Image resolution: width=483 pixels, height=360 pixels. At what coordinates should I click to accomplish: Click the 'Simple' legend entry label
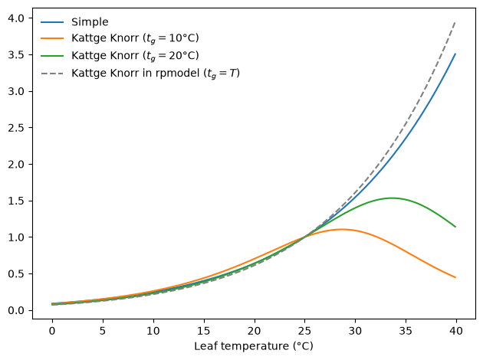[90, 22]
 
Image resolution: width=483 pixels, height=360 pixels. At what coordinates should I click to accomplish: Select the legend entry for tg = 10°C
[135, 38]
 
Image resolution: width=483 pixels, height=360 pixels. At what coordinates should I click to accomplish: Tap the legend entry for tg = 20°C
[135, 56]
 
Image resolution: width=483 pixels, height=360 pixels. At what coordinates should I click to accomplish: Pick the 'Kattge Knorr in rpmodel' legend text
[156, 74]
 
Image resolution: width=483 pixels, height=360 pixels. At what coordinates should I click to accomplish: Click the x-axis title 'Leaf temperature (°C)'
[254, 346]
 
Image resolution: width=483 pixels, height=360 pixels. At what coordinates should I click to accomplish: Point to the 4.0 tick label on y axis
[16, 18]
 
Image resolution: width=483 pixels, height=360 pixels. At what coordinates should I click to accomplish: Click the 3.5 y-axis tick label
[16, 55]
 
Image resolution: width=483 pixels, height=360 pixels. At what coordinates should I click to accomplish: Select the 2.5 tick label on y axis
[16, 128]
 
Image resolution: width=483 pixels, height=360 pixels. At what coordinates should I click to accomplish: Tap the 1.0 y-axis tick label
[16, 237]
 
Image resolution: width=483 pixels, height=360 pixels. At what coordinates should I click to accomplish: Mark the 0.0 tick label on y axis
[16, 310]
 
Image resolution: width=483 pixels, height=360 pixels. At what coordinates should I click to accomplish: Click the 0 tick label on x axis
[52, 331]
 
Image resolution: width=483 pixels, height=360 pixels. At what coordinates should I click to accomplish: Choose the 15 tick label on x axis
[204, 331]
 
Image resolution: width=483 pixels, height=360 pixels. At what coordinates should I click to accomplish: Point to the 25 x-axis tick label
[304, 331]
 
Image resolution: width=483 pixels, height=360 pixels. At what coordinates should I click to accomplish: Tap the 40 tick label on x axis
[456, 331]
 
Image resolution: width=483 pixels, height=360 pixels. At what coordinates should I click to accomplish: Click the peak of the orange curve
[342, 229]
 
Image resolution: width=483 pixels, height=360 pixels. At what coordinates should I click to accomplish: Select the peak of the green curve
[392, 198]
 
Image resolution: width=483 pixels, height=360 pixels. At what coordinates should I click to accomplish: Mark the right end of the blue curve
[455, 54]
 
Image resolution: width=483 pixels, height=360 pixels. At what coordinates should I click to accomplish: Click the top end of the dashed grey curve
[455, 22]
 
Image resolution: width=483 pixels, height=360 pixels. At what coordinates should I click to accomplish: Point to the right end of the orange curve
[455, 277]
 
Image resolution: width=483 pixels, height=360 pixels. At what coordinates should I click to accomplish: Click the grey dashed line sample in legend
[52, 74]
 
